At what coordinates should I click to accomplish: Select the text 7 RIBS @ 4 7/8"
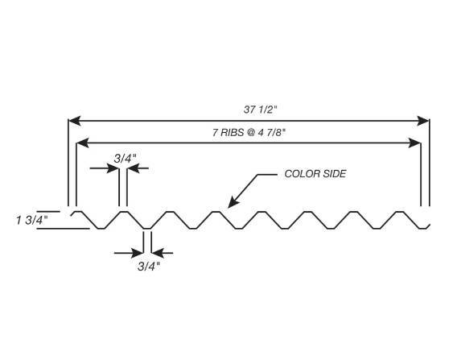[247, 134]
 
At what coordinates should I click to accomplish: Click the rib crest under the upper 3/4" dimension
[123, 213]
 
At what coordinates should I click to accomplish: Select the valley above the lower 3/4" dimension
[146, 227]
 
